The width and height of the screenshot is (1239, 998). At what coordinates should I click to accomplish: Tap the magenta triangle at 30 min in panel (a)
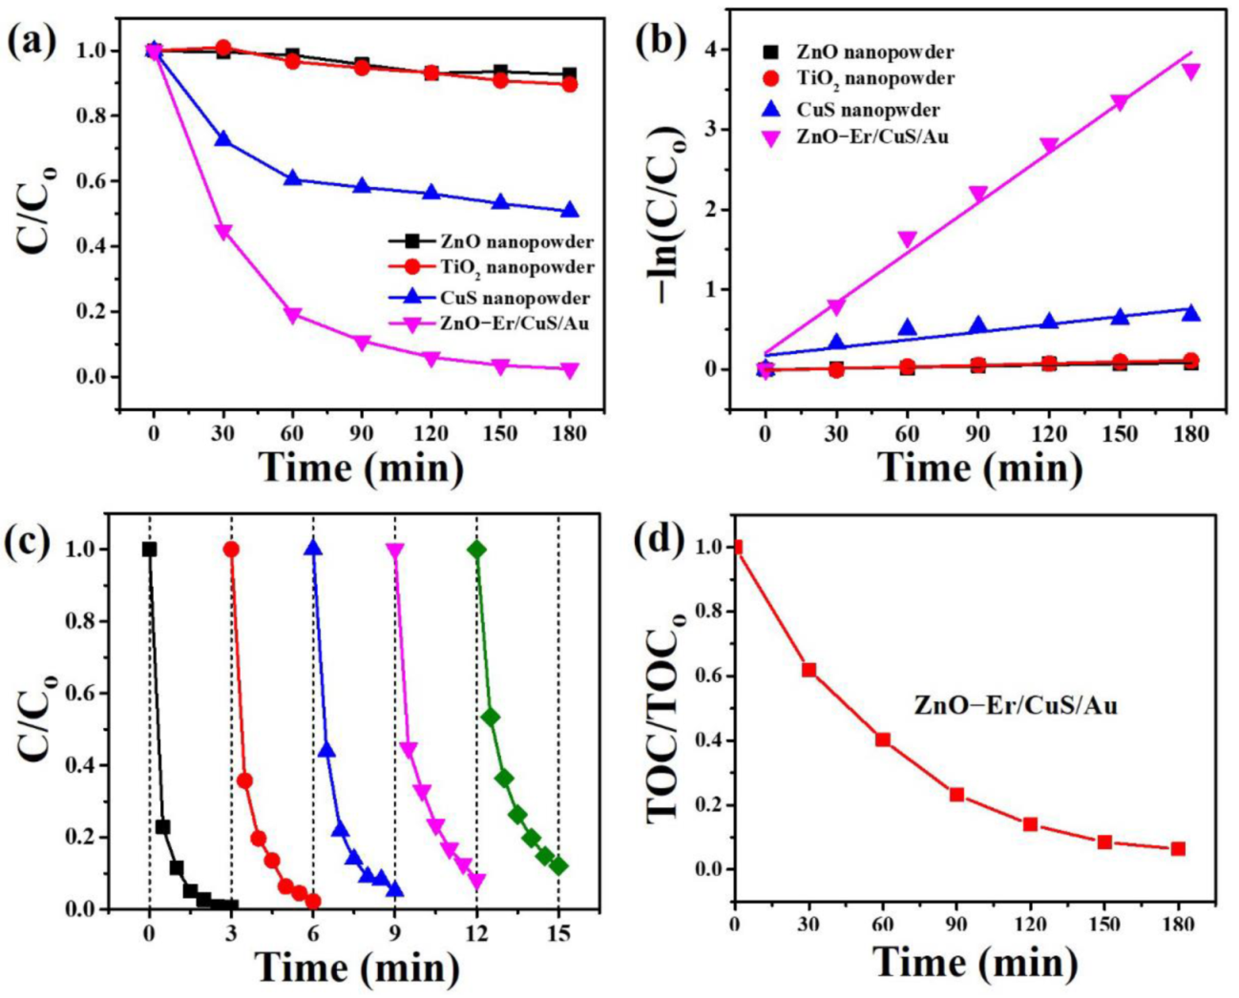[223, 232]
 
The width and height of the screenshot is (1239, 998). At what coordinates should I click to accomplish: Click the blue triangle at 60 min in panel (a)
[293, 178]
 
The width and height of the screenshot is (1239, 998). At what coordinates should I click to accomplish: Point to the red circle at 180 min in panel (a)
[570, 84]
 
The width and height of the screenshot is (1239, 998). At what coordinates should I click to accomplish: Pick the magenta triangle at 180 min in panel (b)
[1190, 72]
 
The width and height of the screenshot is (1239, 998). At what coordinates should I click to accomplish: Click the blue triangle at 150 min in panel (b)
[1120, 317]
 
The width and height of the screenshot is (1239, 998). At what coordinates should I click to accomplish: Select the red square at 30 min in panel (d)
[808, 670]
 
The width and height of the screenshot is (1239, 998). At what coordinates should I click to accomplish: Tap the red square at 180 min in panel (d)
[1178, 848]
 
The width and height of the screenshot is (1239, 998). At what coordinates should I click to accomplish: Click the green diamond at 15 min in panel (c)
[558, 866]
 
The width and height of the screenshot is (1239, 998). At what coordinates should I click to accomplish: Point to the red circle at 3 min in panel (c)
[231, 550]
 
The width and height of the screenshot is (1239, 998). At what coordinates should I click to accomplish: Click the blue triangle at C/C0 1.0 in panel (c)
[313, 548]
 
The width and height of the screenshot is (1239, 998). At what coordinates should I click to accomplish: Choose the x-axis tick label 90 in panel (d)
[956, 923]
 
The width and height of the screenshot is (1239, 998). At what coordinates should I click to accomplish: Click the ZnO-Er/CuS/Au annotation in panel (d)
[1016, 706]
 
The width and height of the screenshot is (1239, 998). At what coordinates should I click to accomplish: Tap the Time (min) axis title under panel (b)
[979, 468]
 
